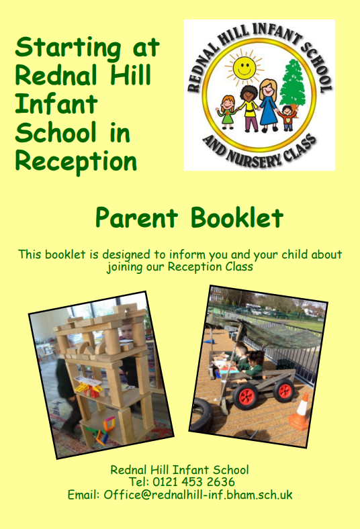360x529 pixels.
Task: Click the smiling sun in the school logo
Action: (x=244, y=67)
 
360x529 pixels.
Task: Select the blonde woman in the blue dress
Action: (x=268, y=105)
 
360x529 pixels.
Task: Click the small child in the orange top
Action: (x=287, y=118)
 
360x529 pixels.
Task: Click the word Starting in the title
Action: (x=68, y=48)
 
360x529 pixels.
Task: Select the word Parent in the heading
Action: (x=136, y=218)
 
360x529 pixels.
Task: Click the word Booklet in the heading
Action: (x=237, y=218)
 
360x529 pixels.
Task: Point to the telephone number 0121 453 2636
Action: (x=193, y=482)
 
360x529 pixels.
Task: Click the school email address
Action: (x=197, y=495)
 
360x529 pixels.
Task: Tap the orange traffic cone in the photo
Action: (x=300, y=412)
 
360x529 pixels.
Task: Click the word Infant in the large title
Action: (x=56, y=103)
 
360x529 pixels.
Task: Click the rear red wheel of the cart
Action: (x=283, y=390)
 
